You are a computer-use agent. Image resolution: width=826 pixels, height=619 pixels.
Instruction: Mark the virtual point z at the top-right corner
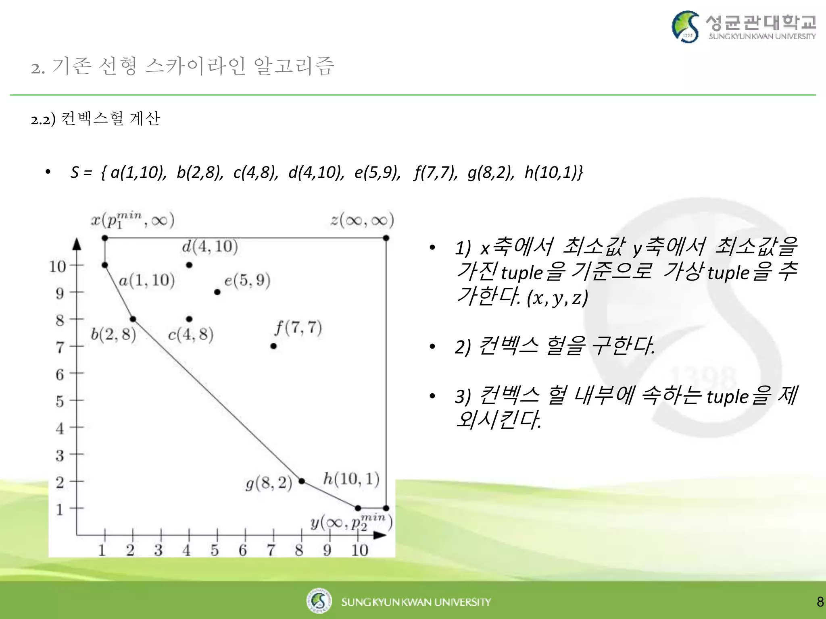pyautogui.click(x=386, y=238)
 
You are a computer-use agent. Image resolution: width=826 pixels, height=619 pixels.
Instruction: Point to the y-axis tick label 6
pyautogui.click(x=60, y=374)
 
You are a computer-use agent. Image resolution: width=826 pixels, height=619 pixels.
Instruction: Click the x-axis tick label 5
pyautogui.click(x=215, y=550)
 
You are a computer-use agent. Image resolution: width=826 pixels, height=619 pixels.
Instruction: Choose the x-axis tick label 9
pyautogui.click(x=327, y=550)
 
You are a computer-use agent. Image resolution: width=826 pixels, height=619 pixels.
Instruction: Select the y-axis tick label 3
pyautogui.click(x=60, y=456)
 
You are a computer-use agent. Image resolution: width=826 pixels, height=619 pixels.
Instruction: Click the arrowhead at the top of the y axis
pyautogui.click(x=77, y=244)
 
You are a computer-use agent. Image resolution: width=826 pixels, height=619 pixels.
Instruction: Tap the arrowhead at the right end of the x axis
pyautogui.click(x=380, y=535)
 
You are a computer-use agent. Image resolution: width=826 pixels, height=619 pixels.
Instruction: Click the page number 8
pyautogui.click(x=820, y=602)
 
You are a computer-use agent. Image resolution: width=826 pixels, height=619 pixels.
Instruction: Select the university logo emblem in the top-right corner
pyautogui.click(x=685, y=27)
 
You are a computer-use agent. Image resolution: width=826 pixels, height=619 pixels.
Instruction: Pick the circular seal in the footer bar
pyautogui.click(x=319, y=601)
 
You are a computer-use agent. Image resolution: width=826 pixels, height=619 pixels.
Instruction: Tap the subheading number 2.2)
pyautogui.click(x=43, y=120)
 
